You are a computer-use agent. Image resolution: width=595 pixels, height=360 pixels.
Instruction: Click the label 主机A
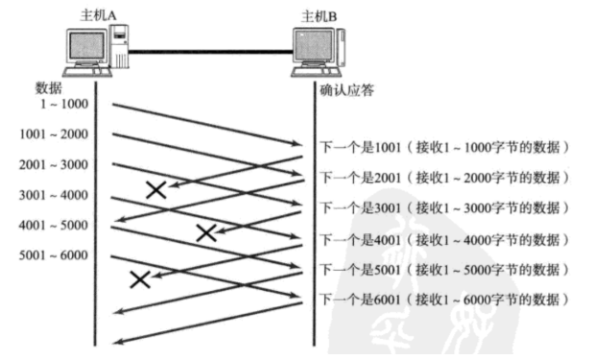(x=98, y=15)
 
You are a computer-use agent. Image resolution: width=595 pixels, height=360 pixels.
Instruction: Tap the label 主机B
(x=320, y=16)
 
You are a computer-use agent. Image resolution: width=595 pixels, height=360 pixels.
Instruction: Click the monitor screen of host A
(x=86, y=45)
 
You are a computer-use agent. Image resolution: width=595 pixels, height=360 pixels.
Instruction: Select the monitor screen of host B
(x=313, y=45)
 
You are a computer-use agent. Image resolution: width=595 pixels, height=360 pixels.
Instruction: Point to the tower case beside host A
(x=120, y=46)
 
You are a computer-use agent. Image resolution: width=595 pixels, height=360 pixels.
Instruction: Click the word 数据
(x=49, y=88)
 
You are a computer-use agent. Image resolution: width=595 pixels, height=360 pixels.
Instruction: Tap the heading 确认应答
(x=346, y=90)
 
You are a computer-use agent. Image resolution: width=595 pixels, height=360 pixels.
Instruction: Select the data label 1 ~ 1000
(x=64, y=104)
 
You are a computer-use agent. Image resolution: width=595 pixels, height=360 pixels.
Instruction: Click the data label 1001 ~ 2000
(x=54, y=134)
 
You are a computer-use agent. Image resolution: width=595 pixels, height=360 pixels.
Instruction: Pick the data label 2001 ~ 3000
(x=54, y=165)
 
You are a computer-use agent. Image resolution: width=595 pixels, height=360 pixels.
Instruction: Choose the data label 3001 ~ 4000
(x=54, y=195)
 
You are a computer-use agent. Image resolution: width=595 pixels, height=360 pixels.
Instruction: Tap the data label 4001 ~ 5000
(x=54, y=226)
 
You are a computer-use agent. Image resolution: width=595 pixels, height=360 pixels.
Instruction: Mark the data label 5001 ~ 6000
(x=54, y=255)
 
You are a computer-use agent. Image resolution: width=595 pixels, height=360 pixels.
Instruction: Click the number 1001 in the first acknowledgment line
(x=388, y=147)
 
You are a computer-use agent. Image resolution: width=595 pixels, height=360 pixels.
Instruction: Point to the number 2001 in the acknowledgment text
(x=388, y=178)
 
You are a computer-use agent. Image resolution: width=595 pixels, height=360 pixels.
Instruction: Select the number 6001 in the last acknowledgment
(x=388, y=300)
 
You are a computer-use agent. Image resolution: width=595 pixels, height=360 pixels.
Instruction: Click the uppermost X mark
(x=156, y=190)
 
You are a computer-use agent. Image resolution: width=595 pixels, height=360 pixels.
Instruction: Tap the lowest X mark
(x=140, y=279)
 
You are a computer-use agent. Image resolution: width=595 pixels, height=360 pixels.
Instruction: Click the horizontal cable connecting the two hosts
(x=210, y=51)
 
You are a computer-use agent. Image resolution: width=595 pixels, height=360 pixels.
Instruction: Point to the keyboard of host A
(x=88, y=72)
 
